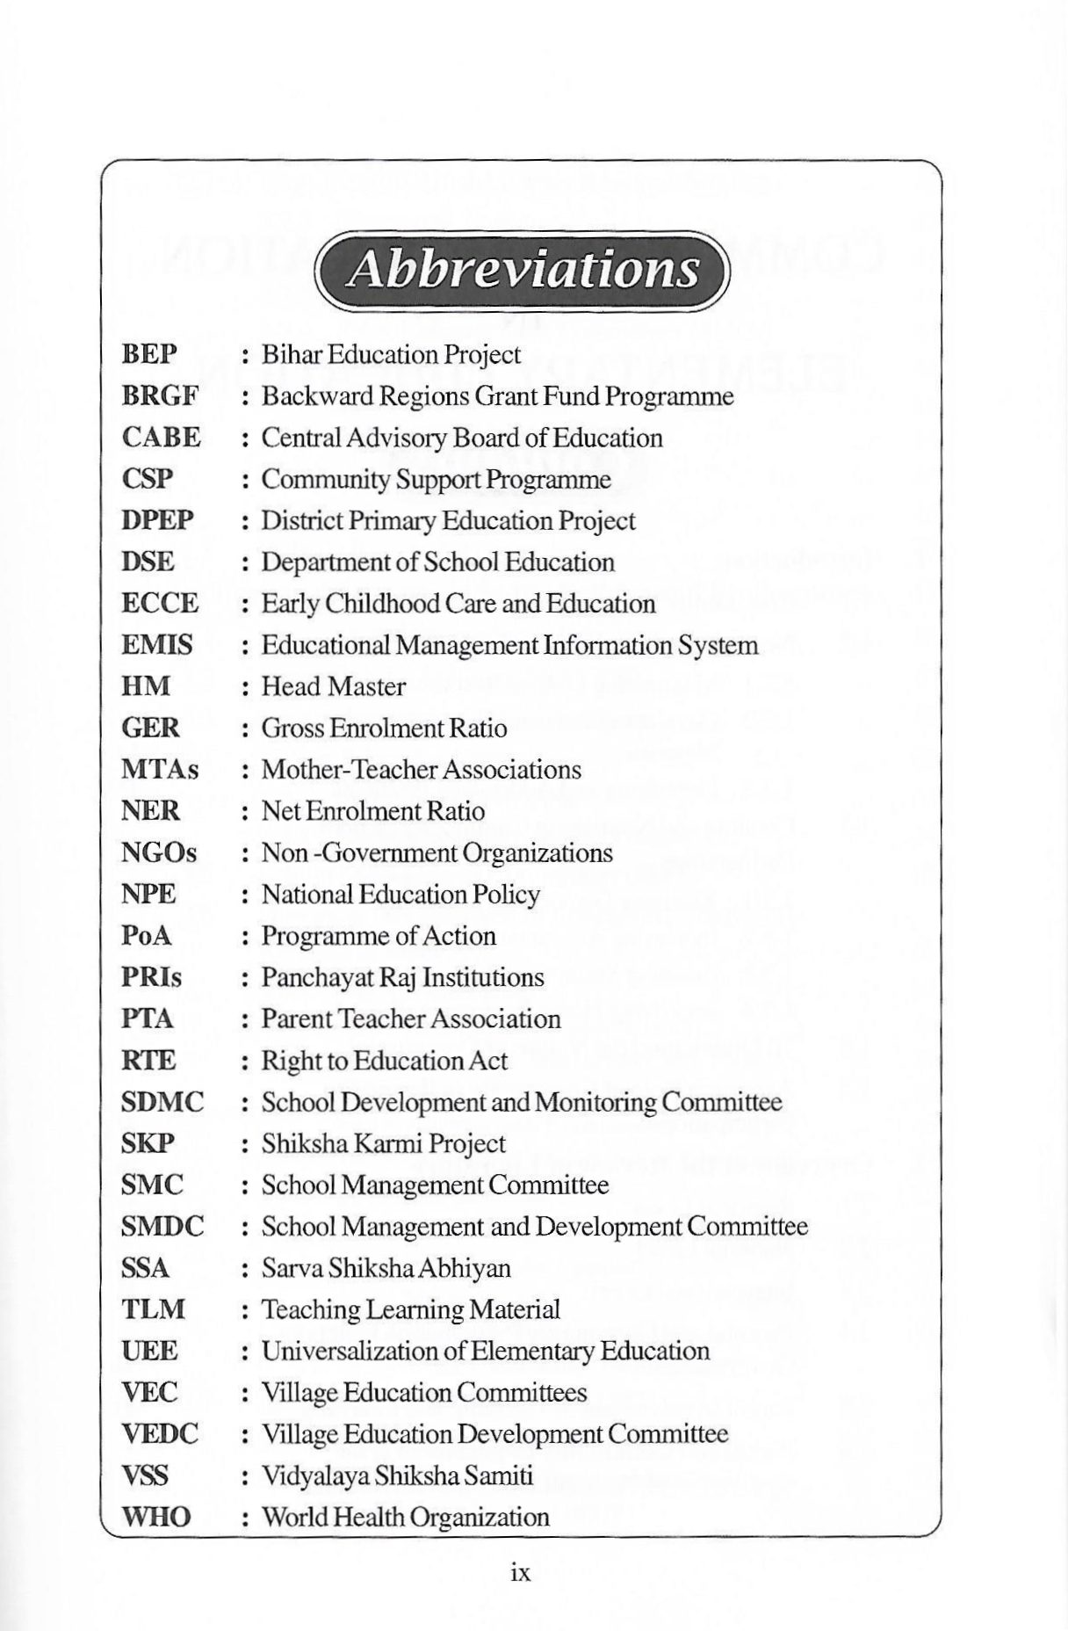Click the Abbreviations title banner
(x=523, y=270)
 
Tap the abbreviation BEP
(x=149, y=354)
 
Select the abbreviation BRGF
(x=159, y=396)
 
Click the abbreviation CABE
(x=161, y=438)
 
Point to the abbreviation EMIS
(x=156, y=645)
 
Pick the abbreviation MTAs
(x=160, y=770)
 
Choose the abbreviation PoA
(x=146, y=936)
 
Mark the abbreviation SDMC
(x=162, y=1102)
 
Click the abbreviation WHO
(x=155, y=1518)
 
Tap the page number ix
(x=521, y=1572)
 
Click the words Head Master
(x=334, y=686)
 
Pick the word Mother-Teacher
(x=350, y=770)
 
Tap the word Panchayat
(x=313, y=978)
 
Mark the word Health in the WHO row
(x=369, y=1518)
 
